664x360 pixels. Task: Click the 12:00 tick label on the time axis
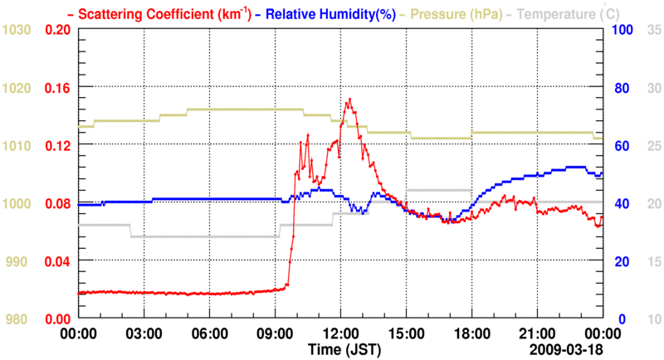coord(341,333)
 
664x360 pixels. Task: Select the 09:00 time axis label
coord(276,333)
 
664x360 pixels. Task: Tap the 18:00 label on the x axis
coord(471,333)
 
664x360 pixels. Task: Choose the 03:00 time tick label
coord(144,333)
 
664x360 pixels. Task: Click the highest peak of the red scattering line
coord(349,100)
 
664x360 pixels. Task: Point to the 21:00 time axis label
coord(537,333)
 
